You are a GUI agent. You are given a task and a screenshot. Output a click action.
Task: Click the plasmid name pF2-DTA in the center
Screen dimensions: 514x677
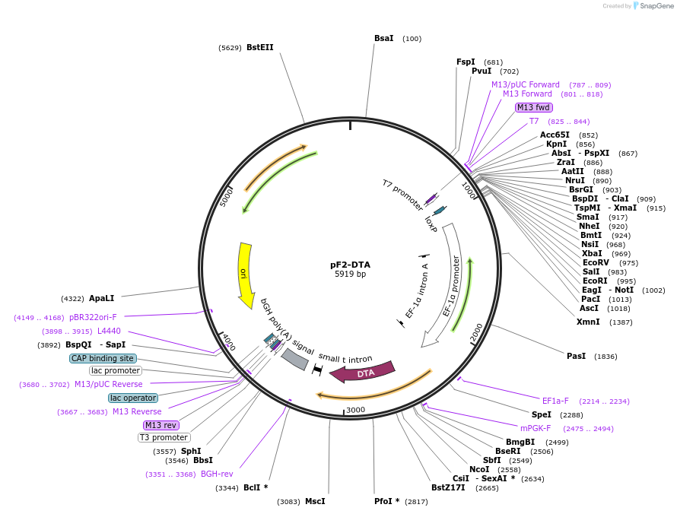tap(350, 265)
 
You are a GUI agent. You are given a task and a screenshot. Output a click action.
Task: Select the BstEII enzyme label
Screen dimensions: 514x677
tap(259, 47)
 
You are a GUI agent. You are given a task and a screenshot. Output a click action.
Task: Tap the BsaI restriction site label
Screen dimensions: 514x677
tap(384, 38)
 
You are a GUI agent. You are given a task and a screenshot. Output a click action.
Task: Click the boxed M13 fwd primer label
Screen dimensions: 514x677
tap(532, 107)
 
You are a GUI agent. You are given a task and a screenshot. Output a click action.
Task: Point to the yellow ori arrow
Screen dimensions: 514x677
tap(245, 274)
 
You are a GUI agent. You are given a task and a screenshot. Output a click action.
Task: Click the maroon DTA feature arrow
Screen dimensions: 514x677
tap(364, 373)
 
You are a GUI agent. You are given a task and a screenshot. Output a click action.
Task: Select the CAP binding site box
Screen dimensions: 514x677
tap(103, 358)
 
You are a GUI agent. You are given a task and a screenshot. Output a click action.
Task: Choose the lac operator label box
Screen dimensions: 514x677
tap(133, 398)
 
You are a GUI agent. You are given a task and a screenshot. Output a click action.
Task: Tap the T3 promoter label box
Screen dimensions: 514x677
tap(164, 437)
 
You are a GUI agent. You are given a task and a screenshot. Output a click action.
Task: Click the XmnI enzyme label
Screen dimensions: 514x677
tap(588, 322)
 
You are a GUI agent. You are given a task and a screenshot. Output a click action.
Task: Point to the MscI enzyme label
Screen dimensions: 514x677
tap(315, 501)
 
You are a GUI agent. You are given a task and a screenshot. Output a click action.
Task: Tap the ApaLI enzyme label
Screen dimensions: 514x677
tap(101, 298)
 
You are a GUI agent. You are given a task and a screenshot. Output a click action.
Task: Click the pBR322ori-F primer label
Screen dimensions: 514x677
tap(93, 317)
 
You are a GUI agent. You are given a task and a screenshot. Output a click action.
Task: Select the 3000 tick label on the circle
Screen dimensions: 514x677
tap(355, 411)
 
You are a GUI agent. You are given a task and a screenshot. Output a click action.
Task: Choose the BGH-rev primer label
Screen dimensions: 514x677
tap(217, 474)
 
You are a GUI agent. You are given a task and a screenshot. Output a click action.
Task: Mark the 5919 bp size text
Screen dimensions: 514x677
tap(350, 274)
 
